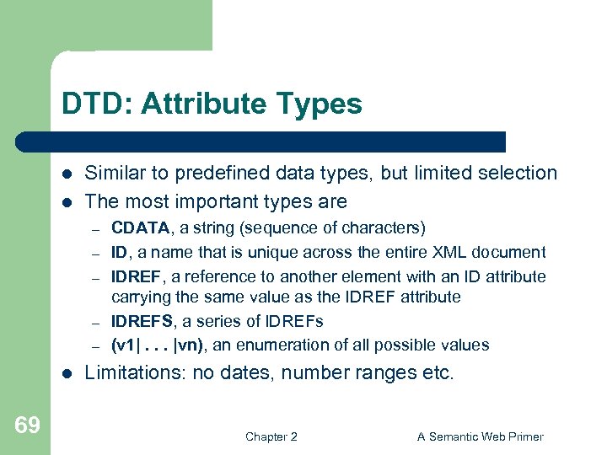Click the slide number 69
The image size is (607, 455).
point(27,426)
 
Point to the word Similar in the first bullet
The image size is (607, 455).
point(117,174)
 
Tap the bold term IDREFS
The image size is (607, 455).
point(144,321)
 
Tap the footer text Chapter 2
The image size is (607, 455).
point(271,436)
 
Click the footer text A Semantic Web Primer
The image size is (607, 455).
point(481,436)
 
